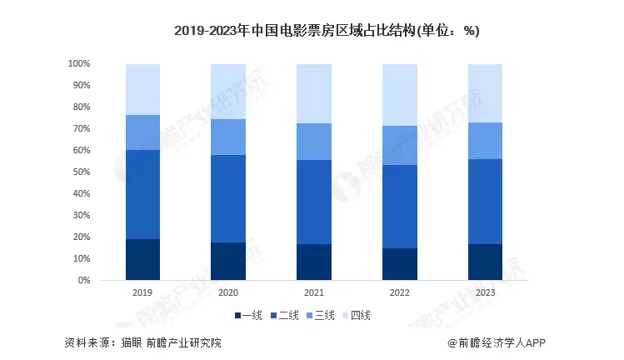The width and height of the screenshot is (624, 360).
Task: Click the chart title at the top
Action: pos(327,31)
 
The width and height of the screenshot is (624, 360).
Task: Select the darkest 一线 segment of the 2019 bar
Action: pos(142,259)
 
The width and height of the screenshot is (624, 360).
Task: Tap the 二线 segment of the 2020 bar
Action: pos(228,198)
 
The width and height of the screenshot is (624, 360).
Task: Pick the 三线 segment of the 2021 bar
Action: pos(314,142)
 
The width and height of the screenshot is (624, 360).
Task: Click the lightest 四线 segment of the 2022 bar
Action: pos(400,95)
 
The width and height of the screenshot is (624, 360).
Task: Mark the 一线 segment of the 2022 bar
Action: pos(400,264)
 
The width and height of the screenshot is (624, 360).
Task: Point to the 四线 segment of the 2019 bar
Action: pos(142,89)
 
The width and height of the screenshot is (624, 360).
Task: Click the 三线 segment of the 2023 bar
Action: pos(485,141)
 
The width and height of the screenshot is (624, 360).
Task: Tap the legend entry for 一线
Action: pos(248,315)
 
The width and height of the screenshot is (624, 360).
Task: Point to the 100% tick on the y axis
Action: pos(79,63)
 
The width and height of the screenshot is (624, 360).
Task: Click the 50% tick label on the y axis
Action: pos(81,172)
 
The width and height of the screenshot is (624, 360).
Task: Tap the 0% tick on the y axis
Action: pos(84,280)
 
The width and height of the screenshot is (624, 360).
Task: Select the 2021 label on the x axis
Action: pos(314,293)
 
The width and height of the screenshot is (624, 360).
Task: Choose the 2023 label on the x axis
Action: pos(485,293)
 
